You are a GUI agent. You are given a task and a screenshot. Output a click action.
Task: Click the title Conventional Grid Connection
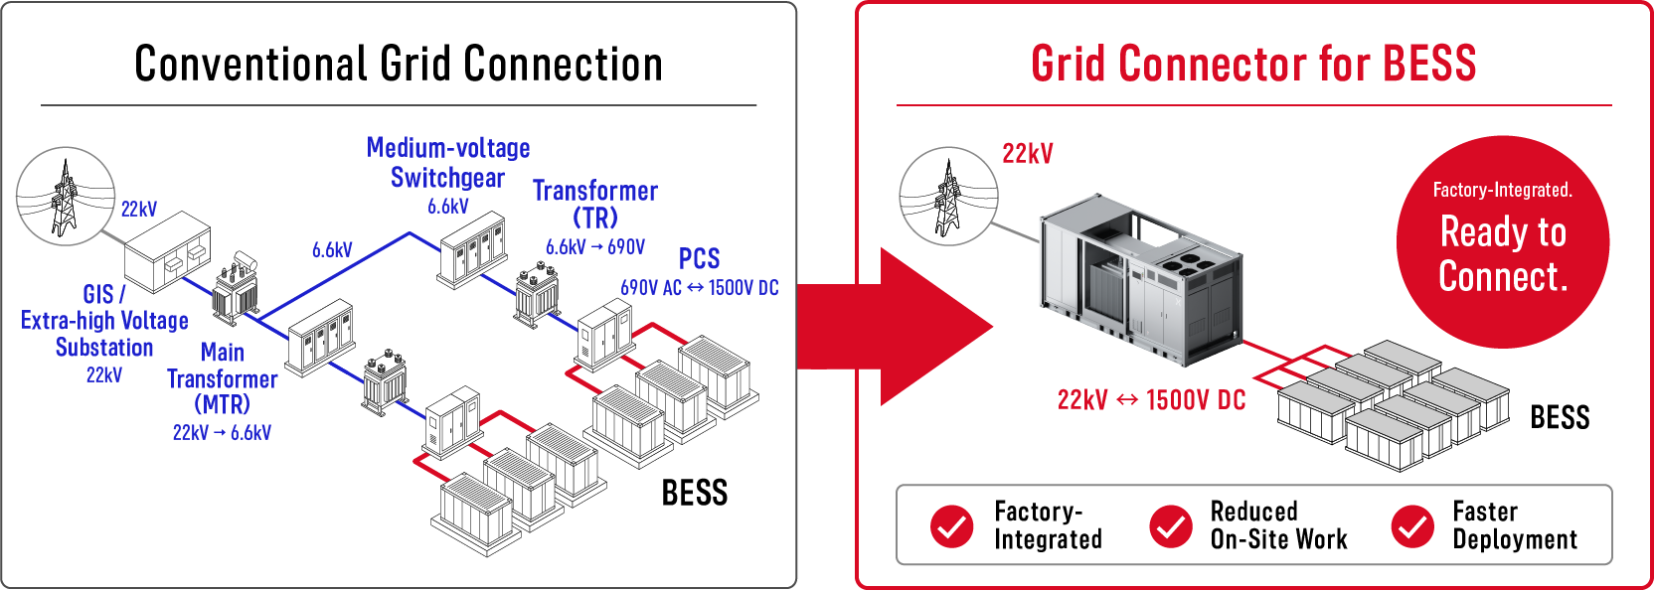pyautogui.click(x=399, y=64)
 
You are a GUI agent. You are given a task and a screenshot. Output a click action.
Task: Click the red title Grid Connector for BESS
pyautogui.click(x=1253, y=64)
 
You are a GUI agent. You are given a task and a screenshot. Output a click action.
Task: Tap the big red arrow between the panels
pyautogui.click(x=896, y=327)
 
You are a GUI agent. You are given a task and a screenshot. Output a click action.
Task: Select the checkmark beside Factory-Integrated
pyautogui.click(x=952, y=526)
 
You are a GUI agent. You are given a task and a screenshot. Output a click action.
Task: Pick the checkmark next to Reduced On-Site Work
pyautogui.click(x=1170, y=526)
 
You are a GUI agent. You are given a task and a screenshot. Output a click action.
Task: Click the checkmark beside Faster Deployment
pyautogui.click(x=1412, y=526)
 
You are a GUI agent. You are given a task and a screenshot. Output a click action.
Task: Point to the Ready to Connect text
pyautogui.click(x=1503, y=254)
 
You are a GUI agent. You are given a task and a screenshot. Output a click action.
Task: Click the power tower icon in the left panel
pyautogui.click(x=66, y=197)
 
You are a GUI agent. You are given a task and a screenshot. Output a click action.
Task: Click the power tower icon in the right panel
pyautogui.click(x=949, y=197)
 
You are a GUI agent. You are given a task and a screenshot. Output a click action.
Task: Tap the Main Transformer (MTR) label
pyautogui.click(x=223, y=378)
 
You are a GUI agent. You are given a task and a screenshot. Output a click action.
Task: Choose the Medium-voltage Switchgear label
pyautogui.click(x=448, y=163)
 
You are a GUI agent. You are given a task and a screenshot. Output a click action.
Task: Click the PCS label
pyautogui.click(x=699, y=259)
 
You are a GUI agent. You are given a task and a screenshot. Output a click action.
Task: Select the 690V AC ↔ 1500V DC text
pyautogui.click(x=699, y=288)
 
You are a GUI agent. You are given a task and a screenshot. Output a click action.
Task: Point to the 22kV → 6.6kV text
pyautogui.click(x=222, y=432)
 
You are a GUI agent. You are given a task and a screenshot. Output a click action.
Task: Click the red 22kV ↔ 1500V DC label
pyautogui.click(x=1151, y=400)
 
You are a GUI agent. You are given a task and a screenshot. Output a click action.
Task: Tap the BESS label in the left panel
pyautogui.click(x=694, y=493)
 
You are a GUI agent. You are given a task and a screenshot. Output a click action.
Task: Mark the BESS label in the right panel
pyautogui.click(x=1560, y=417)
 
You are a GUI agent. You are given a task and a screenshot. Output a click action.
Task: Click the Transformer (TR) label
pyautogui.click(x=595, y=205)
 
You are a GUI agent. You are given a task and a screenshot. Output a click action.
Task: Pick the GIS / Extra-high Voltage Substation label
pyautogui.click(x=104, y=321)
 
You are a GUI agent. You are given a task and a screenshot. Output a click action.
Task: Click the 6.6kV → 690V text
pyautogui.click(x=595, y=247)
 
